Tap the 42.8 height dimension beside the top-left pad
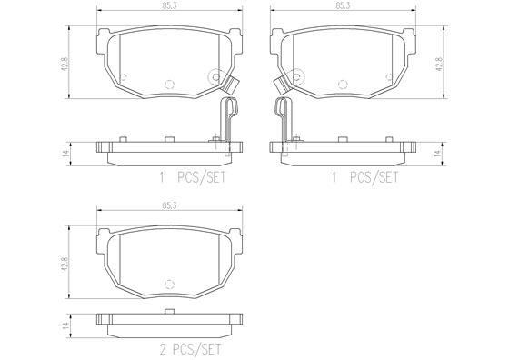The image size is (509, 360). [x=65, y=65]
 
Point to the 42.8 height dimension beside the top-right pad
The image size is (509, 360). [x=440, y=65]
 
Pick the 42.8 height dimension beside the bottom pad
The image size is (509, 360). [x=65, y=264]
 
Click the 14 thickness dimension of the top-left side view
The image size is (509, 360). [x=65, y=153]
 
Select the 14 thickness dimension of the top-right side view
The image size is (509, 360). [x=440, y=153]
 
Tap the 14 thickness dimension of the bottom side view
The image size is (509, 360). [x=65, y=325]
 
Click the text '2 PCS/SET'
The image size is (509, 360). [x=191, y=349]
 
